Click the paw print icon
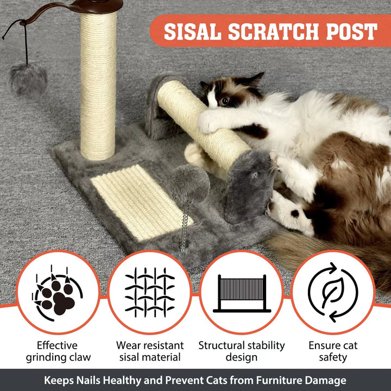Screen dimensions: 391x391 [x=58, y=293]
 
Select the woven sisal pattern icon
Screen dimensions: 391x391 [x=150, y=292]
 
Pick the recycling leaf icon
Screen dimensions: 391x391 [x=333, y=292]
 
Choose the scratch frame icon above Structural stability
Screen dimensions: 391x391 [x=241, y=293]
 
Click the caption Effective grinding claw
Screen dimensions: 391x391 [x=58, y=351]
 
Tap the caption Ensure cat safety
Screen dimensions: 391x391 [x=333, y=351]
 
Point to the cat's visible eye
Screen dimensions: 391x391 [x=224, y=101]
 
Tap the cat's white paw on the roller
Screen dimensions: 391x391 [x=208, y=122]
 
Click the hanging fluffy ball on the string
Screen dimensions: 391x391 [x=28, y=79]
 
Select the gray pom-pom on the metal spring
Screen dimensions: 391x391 [x=190, y=184]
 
